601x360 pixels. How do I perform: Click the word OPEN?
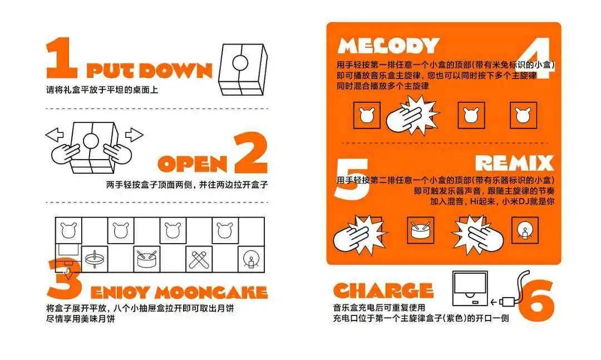click(193, 163)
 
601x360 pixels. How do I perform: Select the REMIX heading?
click(514, 162)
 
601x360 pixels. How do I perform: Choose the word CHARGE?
click(383, 290)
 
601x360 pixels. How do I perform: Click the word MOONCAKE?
click(210, 293)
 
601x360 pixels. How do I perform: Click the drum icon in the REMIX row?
click(421, 229)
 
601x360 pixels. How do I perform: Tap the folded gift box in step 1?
click(245, 69)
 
